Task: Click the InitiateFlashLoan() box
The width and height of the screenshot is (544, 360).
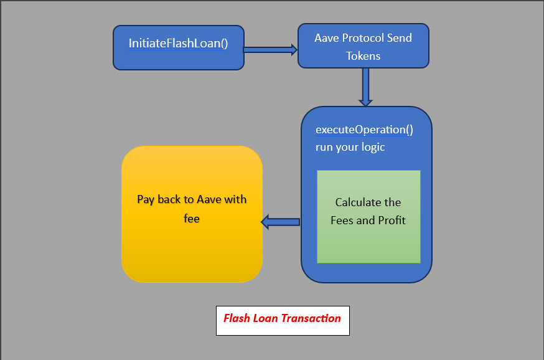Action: pyautogui.click(x=179, y=47)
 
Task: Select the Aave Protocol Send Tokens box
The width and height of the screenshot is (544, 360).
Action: pyautogui.click(x=363, y=46)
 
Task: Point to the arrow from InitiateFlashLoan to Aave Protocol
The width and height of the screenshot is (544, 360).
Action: pyautogui.click(x=270, y=50)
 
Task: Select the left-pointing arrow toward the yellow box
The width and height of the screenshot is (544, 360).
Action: pyautogui.click(x=281, y=221)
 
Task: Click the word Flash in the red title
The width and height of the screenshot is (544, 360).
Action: pyautogui.click(x=237, y=318)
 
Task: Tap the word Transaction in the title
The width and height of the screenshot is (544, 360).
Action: pyautogui.click(x=311, y=318)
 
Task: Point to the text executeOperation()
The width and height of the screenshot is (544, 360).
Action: pyautogui.click(x=364, y=130)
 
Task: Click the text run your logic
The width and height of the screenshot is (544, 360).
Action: pyautogui.click(x=350, y=147)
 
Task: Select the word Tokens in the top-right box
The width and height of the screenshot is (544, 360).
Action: pyautogui.click(x=363, y=55)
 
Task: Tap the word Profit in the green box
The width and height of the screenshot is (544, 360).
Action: pyautogui.click(x=390, y=220)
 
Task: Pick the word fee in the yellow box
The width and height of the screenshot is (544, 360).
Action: pyautogui.click(x=192, y=219)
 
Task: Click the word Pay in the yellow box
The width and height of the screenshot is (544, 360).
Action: pyautogui.click(x=146, y=199)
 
